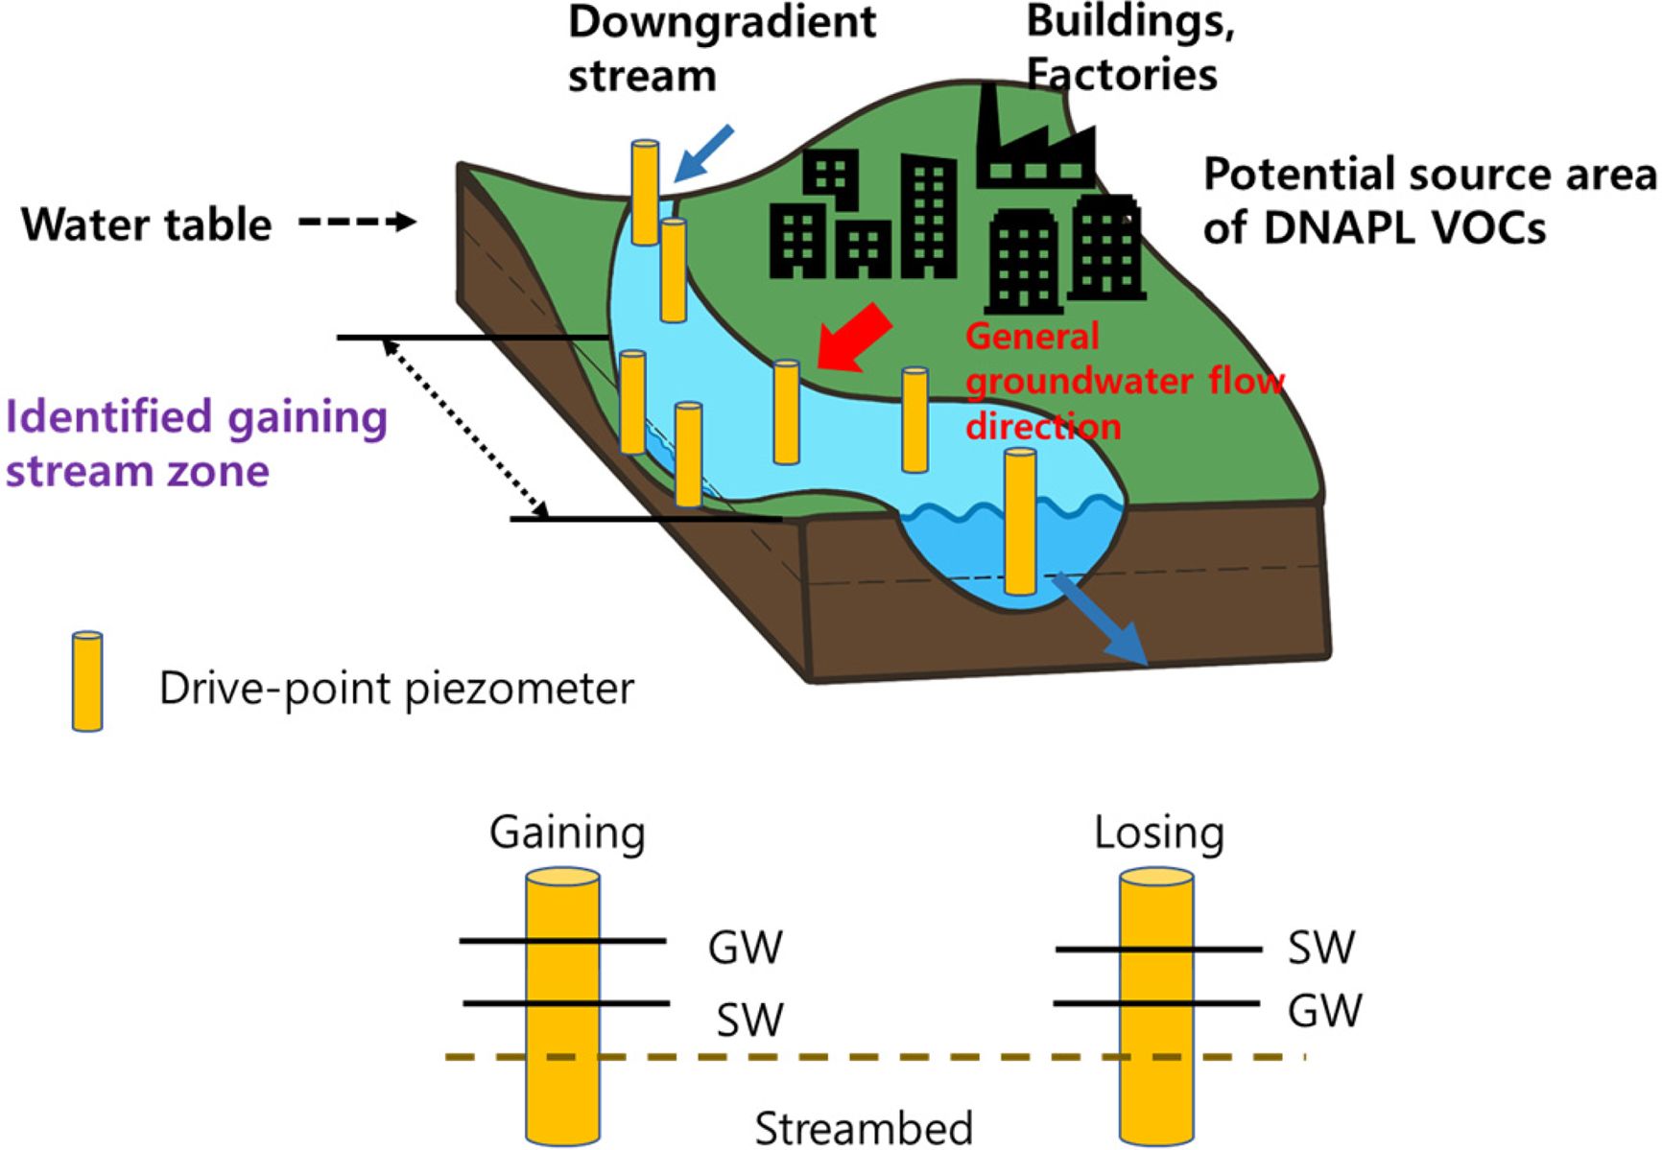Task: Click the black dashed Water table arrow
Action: click(x=357, y=223)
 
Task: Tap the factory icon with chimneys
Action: click(x=1034, y=140)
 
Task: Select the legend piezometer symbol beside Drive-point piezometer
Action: click(x=87, y=682)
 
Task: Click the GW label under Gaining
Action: click(x=745, y=948)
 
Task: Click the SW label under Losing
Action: click(x=1320, y=948)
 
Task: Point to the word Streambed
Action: click(x=864, y=1128)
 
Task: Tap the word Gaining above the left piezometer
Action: click(x=567, y=833)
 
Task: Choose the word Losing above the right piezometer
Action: click(x=1159, y=833)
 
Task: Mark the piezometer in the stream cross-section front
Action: click(x=1019, y=522)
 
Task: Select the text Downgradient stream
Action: click(x=722, y=48)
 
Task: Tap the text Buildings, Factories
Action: click(x=1130, y=48)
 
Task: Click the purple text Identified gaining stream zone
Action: click(x=196, y=443)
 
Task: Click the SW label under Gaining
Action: click(x=749, y=1020)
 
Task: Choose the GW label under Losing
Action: click(x=1324, y=1011)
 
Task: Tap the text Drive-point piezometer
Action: click(x=396, y=689)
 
